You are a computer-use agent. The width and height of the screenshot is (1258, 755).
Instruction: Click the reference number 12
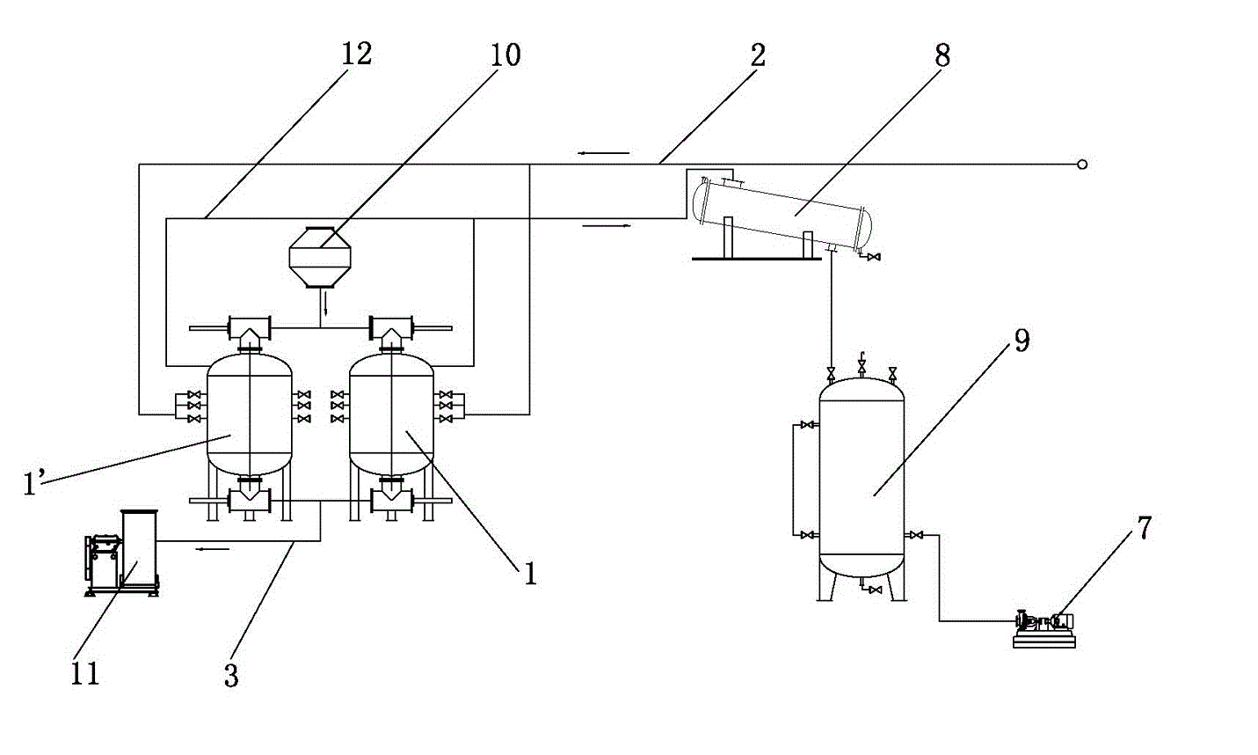pos(356,54)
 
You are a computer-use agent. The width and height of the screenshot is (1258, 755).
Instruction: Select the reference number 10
pos(505,55)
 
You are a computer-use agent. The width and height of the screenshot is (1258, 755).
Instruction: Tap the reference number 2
pos(758,55)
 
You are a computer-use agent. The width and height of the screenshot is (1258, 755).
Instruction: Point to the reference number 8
pos(942,55)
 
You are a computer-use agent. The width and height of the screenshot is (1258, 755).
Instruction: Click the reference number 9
pos(1022,341)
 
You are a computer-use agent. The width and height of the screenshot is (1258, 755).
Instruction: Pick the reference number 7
pos(1144,528)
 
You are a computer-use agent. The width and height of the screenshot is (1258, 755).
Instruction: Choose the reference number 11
pos(85,674)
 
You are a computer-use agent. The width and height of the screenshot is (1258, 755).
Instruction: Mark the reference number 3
pos(231,676)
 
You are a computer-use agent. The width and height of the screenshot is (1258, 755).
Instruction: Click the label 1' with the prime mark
pos(33,483)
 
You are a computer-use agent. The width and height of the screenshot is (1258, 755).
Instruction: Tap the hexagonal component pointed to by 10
pos(320,255)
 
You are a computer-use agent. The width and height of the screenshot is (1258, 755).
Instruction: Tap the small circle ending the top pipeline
pos(1082,165)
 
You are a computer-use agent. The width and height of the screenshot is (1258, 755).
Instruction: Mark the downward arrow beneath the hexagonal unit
pos(325,304)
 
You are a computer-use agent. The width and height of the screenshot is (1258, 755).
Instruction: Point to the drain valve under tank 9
pos(873,590)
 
